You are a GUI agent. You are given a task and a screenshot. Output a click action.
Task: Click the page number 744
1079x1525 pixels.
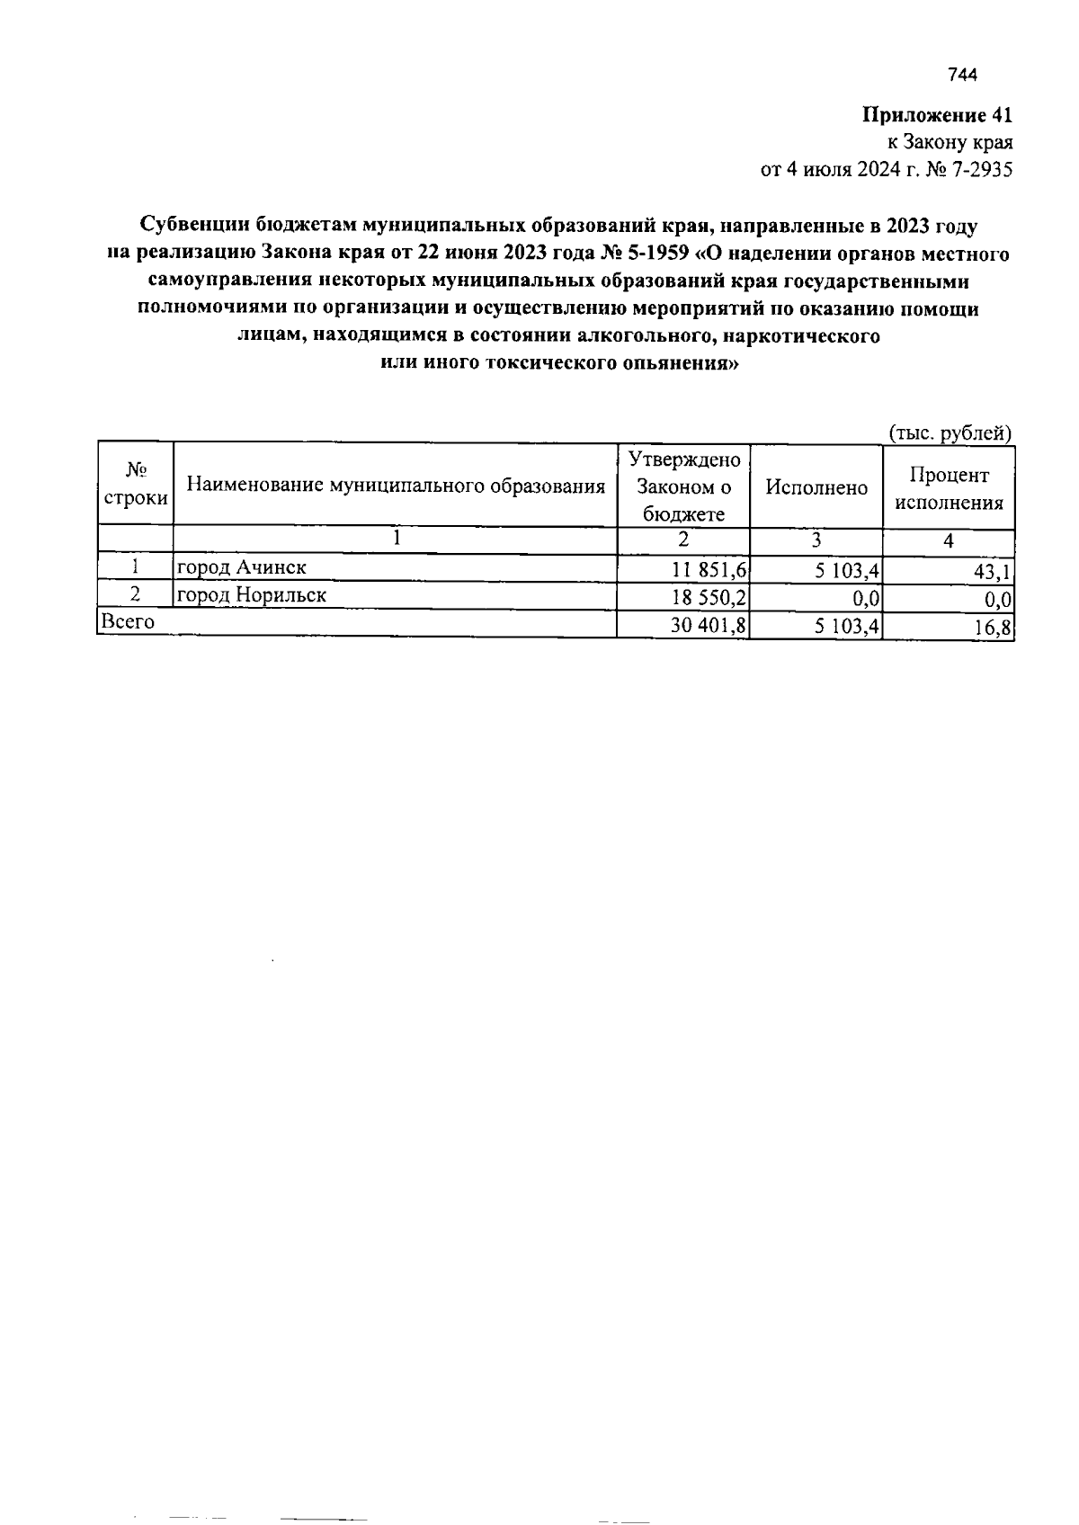point(961,76)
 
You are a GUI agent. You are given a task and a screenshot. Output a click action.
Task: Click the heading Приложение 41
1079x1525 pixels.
point(937,115)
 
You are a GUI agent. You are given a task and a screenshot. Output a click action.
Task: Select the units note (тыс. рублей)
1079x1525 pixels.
point(950,433)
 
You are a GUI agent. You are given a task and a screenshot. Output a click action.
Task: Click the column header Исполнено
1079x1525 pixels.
point(816,487)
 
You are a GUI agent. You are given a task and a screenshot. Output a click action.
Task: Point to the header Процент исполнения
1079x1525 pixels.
point(949,488)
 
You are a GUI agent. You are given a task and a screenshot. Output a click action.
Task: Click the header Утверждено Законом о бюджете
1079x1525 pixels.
point(683,486)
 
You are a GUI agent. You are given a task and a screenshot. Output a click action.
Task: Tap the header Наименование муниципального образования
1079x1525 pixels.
point(396,486)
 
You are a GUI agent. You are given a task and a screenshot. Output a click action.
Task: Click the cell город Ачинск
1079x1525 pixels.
point(242,567)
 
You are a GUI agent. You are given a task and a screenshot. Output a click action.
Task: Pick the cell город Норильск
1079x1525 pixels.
point(251,595)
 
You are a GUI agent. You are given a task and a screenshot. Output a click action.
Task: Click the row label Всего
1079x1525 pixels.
point(129,621)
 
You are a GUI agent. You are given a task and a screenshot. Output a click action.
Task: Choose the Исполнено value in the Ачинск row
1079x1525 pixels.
point(846,569)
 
